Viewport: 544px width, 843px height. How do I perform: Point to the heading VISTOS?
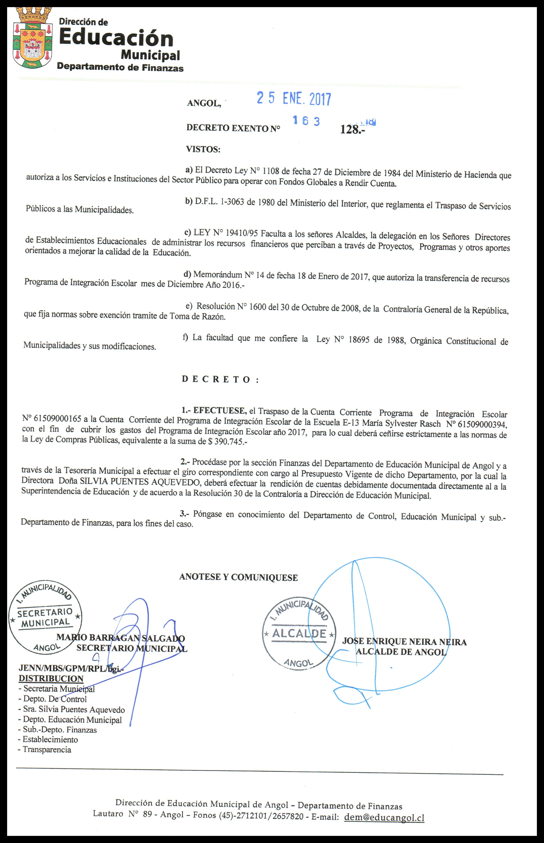pos(203,150)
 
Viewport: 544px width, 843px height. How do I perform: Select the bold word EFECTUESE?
pos(219,411)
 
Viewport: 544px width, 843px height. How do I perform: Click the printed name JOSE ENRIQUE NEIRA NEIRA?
pos(404,642)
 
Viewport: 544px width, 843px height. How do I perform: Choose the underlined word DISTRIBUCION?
pos(51,679)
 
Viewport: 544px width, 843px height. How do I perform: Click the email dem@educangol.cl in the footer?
pos(384,818)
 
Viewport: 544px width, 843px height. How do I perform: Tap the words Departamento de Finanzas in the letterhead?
pos(120,68)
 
